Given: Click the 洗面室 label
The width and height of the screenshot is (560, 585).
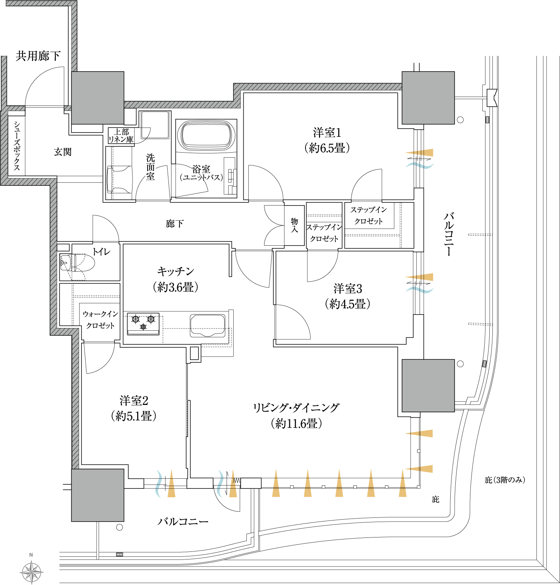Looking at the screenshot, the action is tap(150, 167).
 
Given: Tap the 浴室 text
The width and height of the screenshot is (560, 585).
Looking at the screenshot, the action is tap(201, 169).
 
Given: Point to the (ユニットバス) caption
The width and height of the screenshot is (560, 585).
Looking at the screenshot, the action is tap(201, 178).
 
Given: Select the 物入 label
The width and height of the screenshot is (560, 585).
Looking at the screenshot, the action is tap(294, 225).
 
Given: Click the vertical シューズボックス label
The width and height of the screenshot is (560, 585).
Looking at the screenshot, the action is tap(17, 146).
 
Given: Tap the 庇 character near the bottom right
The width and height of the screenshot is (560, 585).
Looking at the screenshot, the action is tap(435, 499).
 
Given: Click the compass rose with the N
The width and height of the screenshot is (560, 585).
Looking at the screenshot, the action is tap(31, 571).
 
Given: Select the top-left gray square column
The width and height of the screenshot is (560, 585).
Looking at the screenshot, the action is tap(98, 98).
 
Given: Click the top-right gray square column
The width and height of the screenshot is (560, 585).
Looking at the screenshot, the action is tap(428, 98).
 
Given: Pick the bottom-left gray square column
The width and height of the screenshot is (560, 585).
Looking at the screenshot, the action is tap(98, 495).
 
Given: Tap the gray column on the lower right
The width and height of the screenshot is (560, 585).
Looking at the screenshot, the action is tap(428, 386).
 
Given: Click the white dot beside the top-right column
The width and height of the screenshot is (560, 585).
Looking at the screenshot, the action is tap(460, 120).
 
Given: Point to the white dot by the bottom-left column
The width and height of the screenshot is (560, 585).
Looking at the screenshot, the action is tap(119, 527).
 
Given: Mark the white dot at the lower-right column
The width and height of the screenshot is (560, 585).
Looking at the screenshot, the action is tap(460, 364).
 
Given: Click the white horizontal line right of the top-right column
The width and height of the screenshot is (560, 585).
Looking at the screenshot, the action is tap(470, 98).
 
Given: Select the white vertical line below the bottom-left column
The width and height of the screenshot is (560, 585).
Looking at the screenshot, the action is tap(98, 540).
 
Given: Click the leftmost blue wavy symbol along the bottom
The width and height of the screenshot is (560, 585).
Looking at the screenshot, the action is tap(158, 483).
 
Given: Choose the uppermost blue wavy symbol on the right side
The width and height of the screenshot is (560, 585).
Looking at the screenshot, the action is tap(420, 166).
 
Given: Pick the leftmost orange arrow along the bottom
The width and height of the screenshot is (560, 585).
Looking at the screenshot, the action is tap(171, 483).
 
